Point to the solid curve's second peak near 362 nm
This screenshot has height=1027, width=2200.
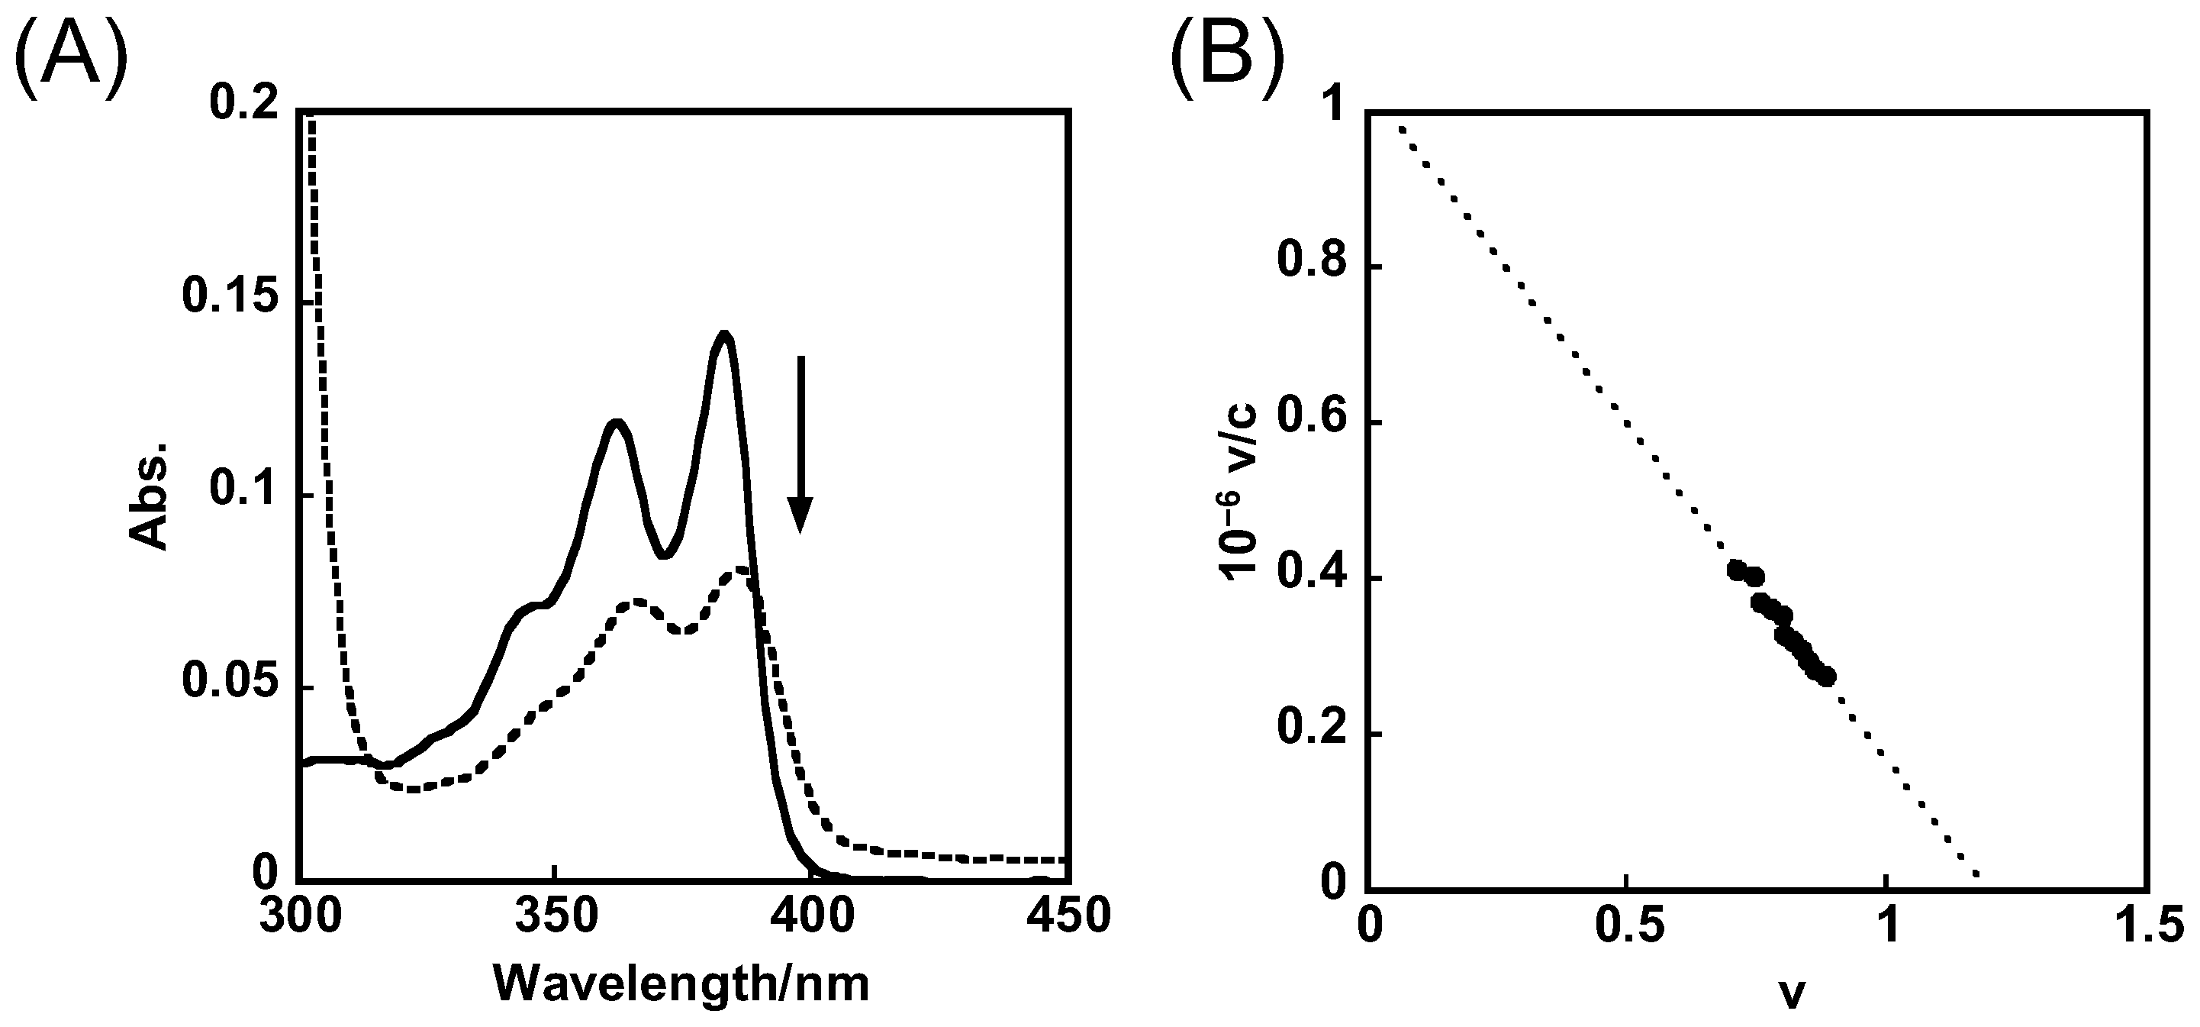coord(615,421)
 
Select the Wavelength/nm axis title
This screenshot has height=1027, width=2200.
coord(681,984)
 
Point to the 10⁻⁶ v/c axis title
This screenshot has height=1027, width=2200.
coord(1240,496)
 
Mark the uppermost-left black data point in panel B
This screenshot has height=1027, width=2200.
coord(1735,570)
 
